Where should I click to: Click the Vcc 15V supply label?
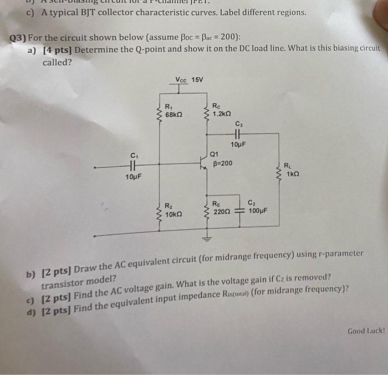[190, 80]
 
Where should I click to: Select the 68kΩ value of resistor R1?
[175, 115]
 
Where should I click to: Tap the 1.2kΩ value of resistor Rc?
[222, 113]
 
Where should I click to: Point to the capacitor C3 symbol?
[239, 134]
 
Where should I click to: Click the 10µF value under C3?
[237, 144]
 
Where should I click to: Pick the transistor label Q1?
[215, 154]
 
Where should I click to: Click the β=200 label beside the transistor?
[223, 163]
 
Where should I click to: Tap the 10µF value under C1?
[133, 177]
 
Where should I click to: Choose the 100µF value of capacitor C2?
[258, 211]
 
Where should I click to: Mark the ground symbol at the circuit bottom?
[208, 239]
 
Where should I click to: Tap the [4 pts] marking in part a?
[58, 50]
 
